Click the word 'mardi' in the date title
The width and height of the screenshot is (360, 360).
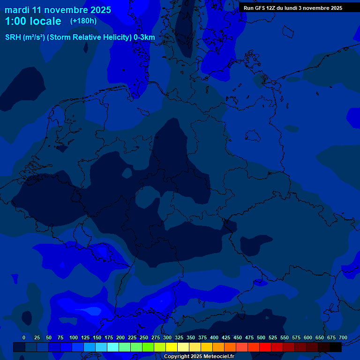click(17, 10)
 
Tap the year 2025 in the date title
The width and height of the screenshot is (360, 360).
click(99, 10)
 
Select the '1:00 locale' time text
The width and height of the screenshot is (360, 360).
click(33, 21)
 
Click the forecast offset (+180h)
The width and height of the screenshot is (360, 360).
click(83, 21)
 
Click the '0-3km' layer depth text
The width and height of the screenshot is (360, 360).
click(144, 37)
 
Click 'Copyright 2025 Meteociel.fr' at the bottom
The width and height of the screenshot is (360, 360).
click(199, 356)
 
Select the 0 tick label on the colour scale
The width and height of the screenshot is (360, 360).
click(24, 337)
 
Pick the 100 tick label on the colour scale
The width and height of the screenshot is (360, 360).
click(74, 337)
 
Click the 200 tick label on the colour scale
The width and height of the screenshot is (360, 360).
click(120, 337)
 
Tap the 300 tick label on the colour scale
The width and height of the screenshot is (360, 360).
click(167, 337)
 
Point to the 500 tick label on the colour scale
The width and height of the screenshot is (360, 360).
click(261, 337)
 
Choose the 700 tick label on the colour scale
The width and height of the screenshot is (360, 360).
click(343, 337)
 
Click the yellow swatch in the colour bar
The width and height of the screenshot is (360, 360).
click(172, 347)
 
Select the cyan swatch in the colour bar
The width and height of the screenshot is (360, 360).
click(113, 347)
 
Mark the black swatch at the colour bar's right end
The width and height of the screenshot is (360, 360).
click(336, 347)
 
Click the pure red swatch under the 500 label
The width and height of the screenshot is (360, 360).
click(265, 347)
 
